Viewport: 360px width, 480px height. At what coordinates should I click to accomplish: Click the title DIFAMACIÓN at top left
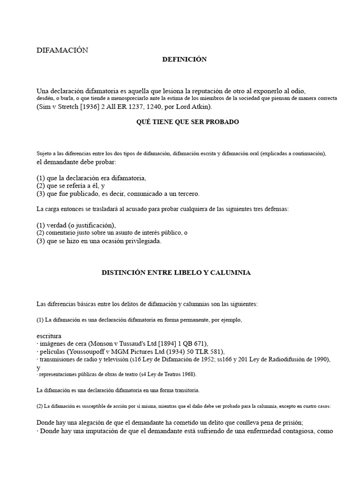click(x=62, y=51)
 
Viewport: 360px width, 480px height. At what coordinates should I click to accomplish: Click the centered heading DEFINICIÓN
click(x=184, y=60)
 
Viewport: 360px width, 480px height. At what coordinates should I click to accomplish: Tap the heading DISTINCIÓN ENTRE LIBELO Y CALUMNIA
click(x=176, y=273)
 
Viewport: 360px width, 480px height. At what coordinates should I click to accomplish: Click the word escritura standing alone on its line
click(x=49, y=336)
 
